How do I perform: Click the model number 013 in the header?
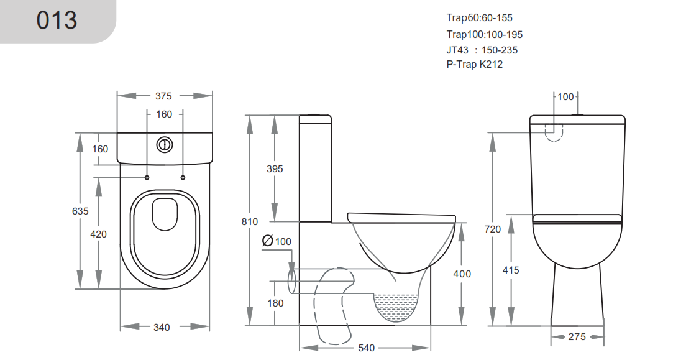coord(57,20)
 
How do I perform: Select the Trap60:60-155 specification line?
coord(479,18)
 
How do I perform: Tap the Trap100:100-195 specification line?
coord(483,34)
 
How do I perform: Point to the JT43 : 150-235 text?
coord(482,50)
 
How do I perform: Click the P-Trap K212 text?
coord(474,65)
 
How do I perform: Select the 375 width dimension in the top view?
coord(163,96)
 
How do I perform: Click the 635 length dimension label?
coord(80,211)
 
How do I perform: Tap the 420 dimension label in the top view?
coord(99,234)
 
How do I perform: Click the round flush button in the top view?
coord(164,144)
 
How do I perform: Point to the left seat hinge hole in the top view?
coord(147,178)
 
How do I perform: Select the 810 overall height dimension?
coord(249,221)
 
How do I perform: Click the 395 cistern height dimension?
coord(274,168)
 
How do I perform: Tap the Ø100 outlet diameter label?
coord(277,241)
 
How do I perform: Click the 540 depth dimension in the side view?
coord(367,348)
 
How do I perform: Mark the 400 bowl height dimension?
coord(462,274)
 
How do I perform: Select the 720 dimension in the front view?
coord(492,229)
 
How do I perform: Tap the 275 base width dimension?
coord(577,336)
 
